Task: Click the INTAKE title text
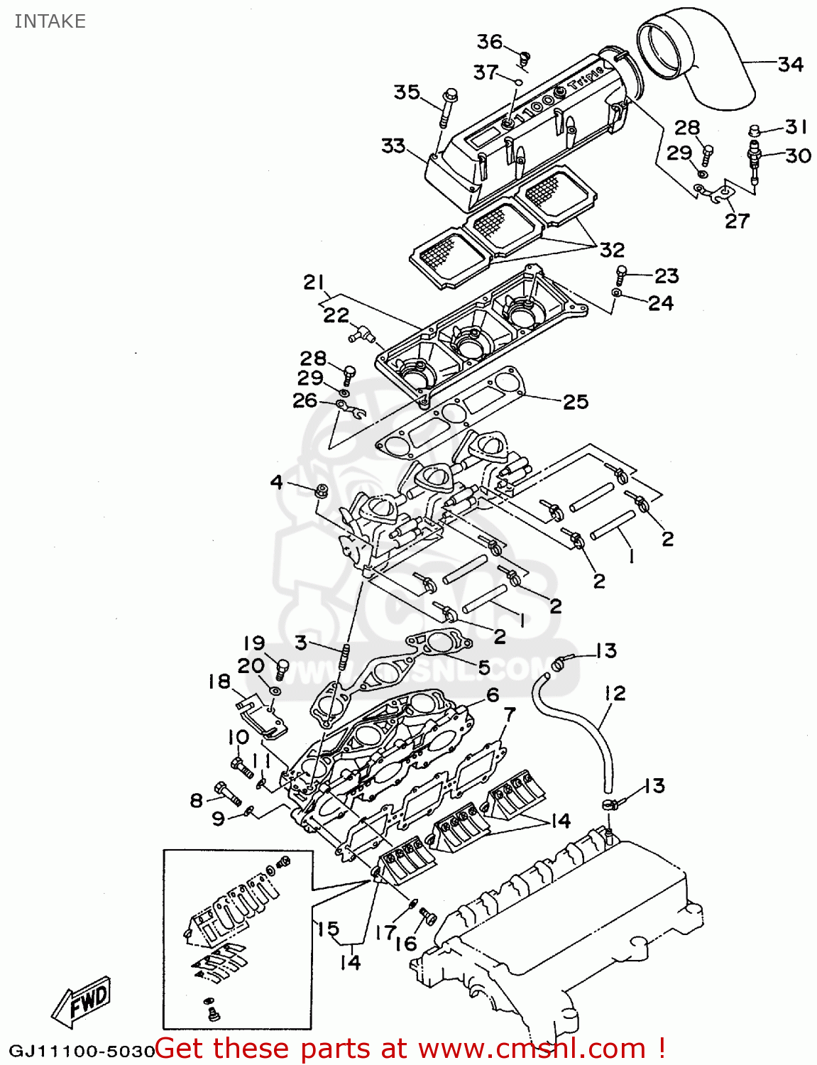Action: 50,21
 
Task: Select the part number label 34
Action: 790,65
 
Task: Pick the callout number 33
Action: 393,146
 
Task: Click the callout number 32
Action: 612,250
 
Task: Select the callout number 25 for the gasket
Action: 576,402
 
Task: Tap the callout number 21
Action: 314,282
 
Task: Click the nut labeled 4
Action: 320,491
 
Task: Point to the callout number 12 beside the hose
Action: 615,693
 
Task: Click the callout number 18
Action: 219,682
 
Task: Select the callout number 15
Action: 327,929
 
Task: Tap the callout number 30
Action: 798,155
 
